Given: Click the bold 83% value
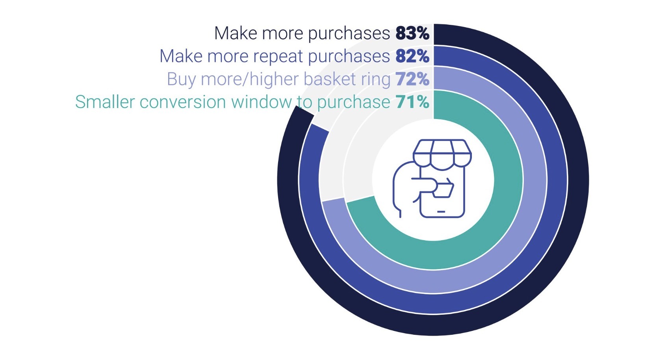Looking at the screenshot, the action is (x=412, y=33).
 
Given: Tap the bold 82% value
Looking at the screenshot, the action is (x=412, y=56).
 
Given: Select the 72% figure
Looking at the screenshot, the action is (x=412, y=79).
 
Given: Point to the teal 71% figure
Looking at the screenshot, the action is (x=412, y=102).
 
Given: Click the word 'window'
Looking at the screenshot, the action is (x=261, y=102).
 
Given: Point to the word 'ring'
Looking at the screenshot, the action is (x=376, y=80).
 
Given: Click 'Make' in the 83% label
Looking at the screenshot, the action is (x=236, y=33).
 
